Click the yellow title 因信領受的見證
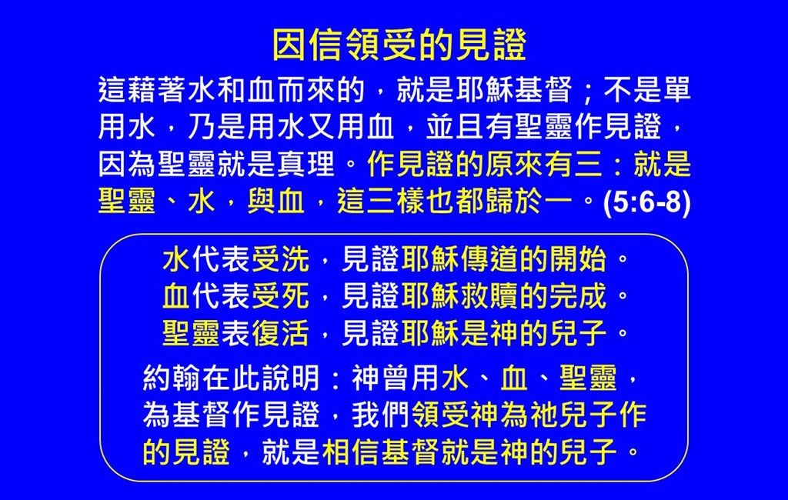coord(399,45)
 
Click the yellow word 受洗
coord(280,259)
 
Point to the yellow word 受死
coord(280,296)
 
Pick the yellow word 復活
coord(280,334)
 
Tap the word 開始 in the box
coord(578,259)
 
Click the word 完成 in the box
coord(578,296)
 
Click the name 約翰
coord(172,378)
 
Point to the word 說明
coord(290,378)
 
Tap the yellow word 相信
coord(351,452)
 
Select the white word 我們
coord(381,415)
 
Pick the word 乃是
coord(216,127)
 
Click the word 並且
coord(455,127)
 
